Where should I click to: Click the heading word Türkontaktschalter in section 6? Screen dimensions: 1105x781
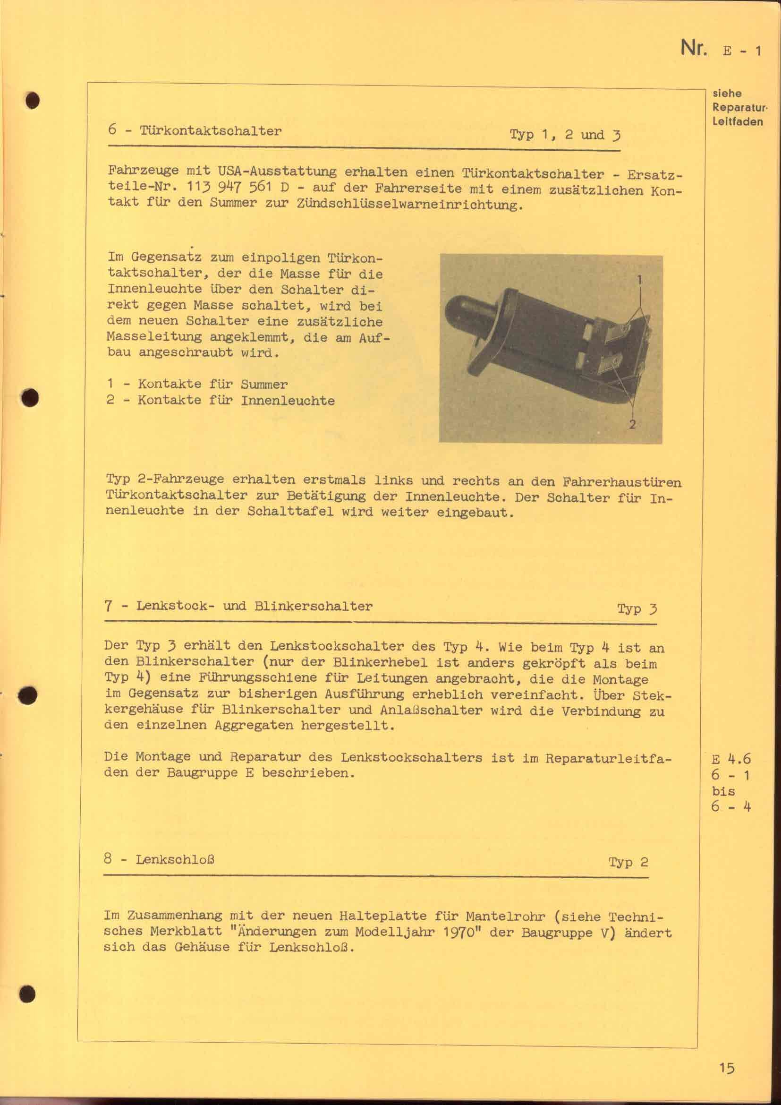point(210,131)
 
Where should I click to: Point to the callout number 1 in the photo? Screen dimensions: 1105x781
point(640,279)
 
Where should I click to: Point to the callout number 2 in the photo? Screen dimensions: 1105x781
point(633,424)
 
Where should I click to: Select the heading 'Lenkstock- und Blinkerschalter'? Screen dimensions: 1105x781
point(254,606)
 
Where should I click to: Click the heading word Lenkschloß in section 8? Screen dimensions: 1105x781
point(175,859)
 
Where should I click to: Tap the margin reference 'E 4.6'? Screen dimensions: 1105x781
point(731,759)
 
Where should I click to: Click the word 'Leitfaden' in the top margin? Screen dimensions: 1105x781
point(738,122)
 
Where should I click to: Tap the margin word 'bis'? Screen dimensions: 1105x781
point(723,791)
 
